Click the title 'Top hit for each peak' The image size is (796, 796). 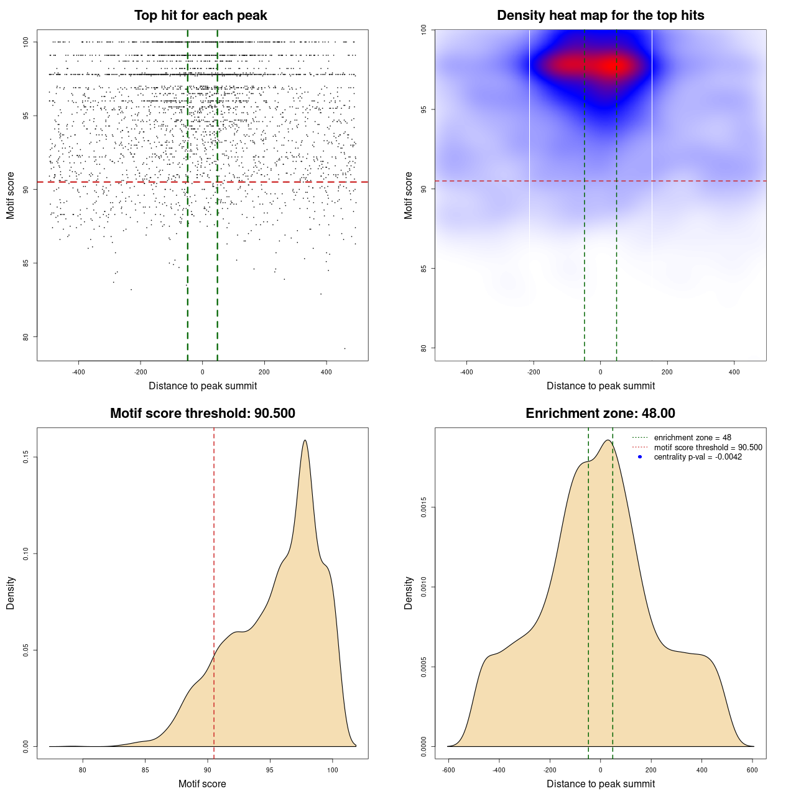(x=201, y=16)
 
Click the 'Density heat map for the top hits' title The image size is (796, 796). (x=600, y=16)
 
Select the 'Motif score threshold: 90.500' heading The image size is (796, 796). (x=202, y=414)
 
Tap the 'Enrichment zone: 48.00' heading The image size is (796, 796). (x=600, y=414)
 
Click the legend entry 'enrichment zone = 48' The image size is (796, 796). (x=692, y=438)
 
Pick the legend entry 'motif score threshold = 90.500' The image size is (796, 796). (x=708, y=447)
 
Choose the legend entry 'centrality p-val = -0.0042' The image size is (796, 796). (x=698, y=457)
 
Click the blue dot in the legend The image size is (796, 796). (x=640, y=457)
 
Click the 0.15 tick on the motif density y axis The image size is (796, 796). (x=25, y=458)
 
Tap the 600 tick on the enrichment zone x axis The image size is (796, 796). (x=752, y=770)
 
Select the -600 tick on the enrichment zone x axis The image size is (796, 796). (x=448, y=770)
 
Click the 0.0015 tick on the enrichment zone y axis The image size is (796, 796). (x=423, y=507)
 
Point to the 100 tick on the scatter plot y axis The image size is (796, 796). (x=25, y=42)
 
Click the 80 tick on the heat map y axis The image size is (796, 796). (x=423, y=348)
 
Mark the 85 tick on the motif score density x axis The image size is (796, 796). (x=146, y=770)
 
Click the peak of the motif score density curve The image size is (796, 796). (x=305, y=440)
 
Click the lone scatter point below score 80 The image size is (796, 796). (x=345, y=348)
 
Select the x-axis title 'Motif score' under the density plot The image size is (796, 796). (x=202, y=784)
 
